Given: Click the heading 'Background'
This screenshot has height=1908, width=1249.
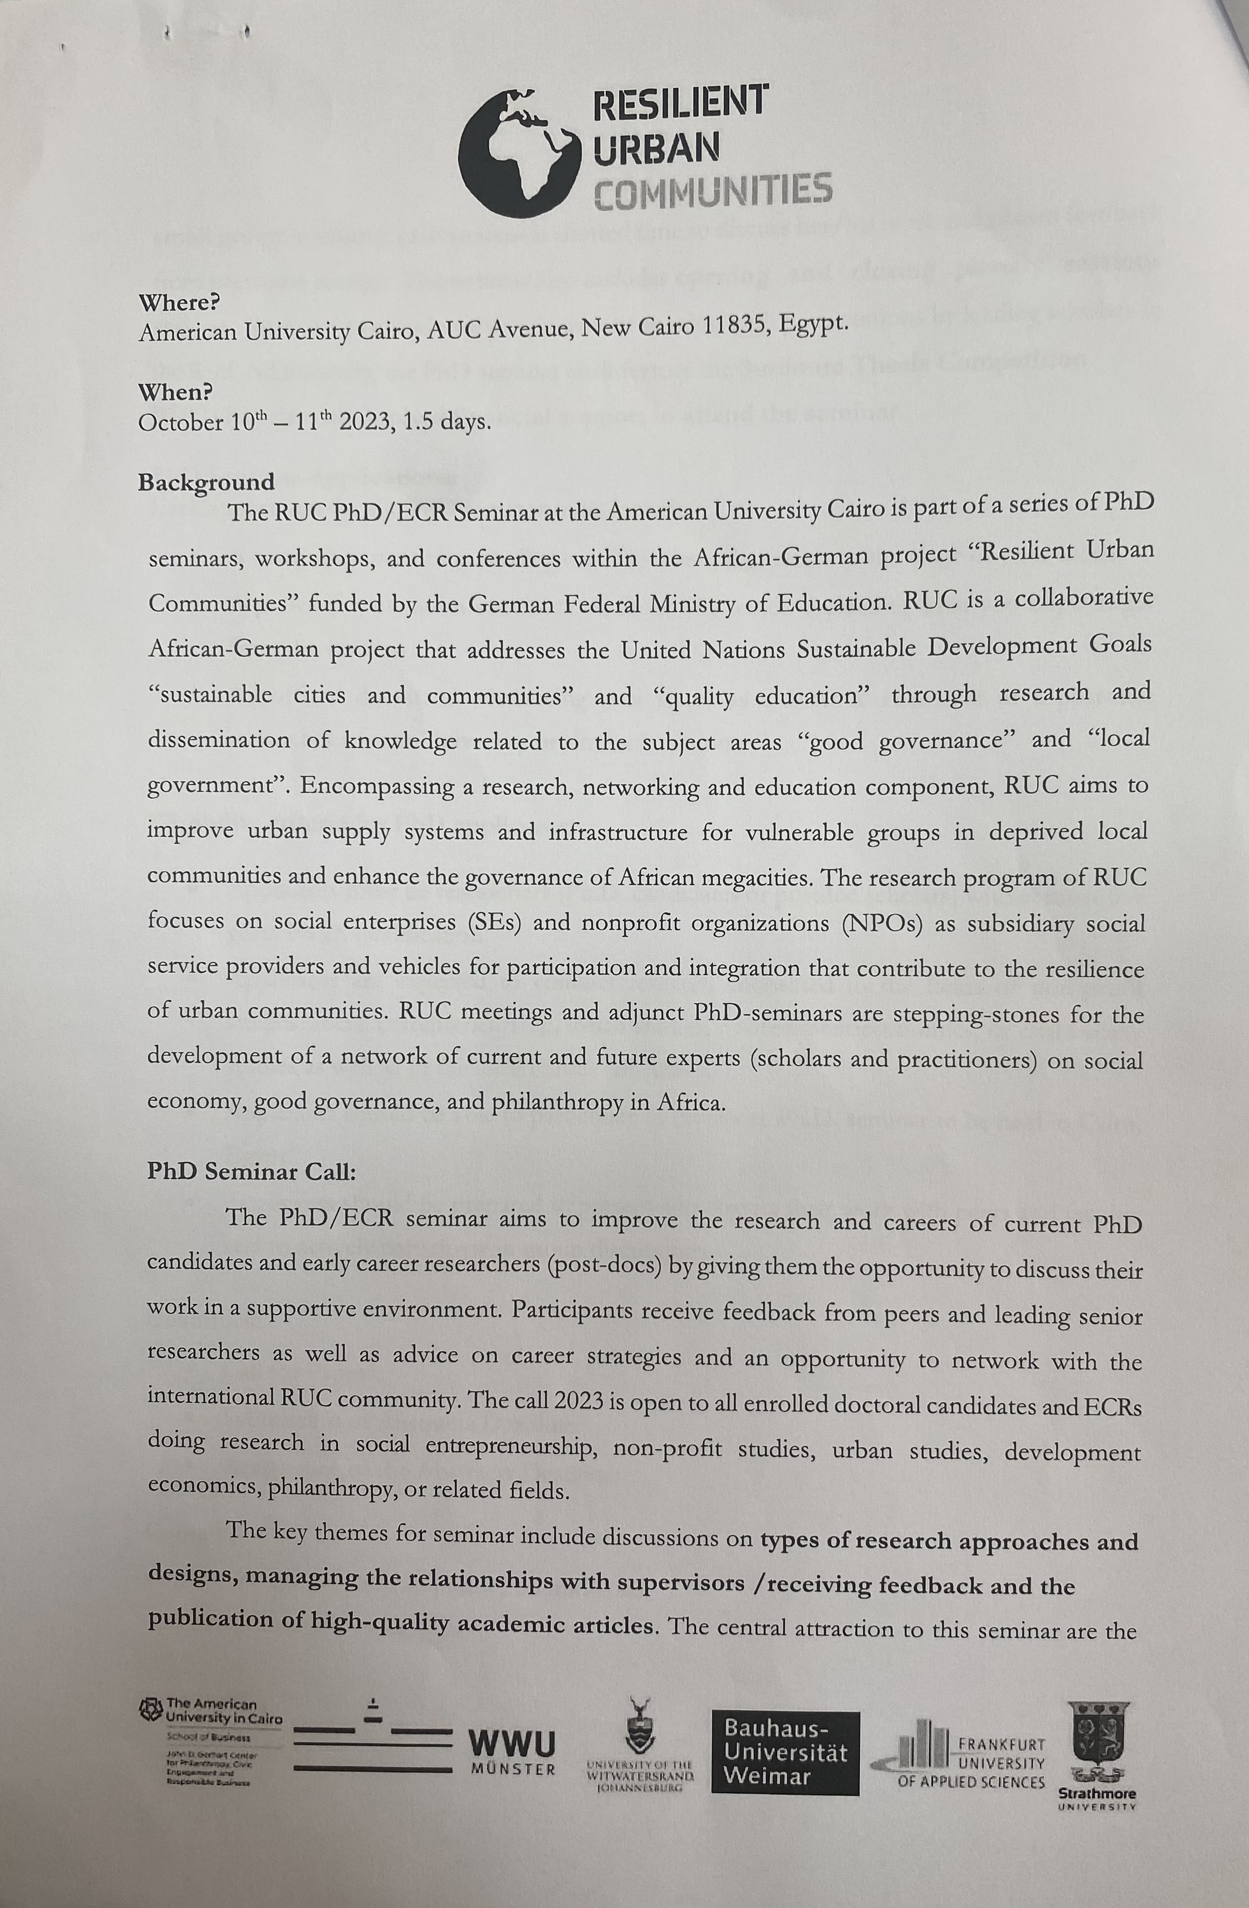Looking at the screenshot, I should tap(206, 483).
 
